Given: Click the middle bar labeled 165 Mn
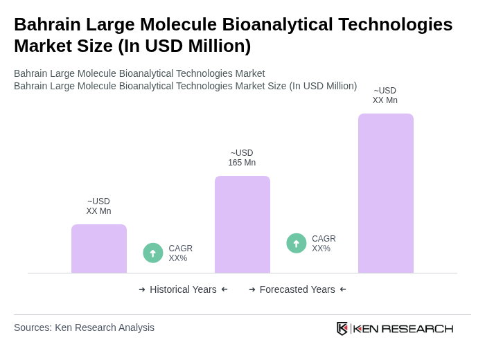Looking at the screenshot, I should coord(242,224).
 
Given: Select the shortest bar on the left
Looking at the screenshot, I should coord(99,249).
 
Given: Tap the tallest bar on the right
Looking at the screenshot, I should coord(385,193).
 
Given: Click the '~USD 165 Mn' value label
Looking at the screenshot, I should coord(242,158).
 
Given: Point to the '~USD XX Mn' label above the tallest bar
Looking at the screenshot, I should coord(385,96).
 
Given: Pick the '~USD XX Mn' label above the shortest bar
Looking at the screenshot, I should coord(98,206).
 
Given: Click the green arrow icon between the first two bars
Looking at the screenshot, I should coord(153,253).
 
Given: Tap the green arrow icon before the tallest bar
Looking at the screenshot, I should coord(297,244).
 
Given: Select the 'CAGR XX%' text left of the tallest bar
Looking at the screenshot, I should coord(324,244).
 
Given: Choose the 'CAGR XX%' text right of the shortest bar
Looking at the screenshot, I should coord(180,253).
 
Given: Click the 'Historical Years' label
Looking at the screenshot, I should coord(183,289).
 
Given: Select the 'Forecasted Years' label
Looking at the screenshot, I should coord(297,289).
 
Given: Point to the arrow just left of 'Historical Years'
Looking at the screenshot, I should coord(142,289).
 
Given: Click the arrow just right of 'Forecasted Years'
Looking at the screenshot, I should coord(343,289).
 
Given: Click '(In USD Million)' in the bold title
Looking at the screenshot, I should coord(184,46).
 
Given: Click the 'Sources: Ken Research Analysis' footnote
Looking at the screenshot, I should coord(84,327).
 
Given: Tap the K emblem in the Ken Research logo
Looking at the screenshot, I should coord(342,328).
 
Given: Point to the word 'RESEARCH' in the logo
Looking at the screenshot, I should coord(417,328).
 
